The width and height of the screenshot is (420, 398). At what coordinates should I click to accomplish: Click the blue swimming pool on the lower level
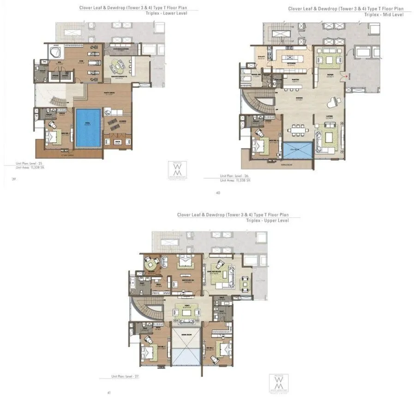click(x=88, y=128)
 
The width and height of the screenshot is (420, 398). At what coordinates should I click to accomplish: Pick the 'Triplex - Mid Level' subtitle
click(x=384, y=15)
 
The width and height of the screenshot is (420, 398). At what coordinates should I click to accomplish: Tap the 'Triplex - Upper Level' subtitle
click(x=267, y=221)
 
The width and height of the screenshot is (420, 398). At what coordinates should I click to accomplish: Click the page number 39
click(x=14, y=178)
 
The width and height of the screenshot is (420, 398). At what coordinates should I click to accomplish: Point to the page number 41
click(x=109, y=392)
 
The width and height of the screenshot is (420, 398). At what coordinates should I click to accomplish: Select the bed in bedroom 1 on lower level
click(x=56, y=135)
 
